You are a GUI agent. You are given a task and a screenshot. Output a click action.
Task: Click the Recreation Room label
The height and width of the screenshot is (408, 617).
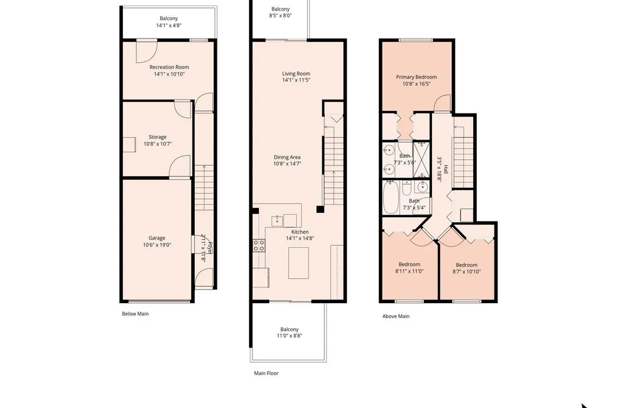[169, 67]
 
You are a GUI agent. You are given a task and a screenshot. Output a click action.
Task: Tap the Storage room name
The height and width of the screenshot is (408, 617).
[157, 137]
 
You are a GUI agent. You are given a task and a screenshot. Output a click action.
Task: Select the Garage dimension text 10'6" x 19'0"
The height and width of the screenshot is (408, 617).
[157, 245]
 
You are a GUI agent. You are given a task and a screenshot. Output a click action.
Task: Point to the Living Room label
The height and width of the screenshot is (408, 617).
[296, 73]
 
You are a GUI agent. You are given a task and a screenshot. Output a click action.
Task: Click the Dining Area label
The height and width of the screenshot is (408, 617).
[287, 157]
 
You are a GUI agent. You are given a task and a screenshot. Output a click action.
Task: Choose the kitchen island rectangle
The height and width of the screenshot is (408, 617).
[298, 263]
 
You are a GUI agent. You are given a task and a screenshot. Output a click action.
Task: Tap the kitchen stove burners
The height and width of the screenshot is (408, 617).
[258, 245]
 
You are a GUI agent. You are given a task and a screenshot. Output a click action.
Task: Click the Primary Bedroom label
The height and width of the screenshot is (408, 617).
[417, 77]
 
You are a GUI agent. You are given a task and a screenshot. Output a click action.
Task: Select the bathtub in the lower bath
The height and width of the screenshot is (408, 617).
[391, 198]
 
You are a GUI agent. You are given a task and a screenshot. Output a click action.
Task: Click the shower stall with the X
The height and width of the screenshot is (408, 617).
[421, 160]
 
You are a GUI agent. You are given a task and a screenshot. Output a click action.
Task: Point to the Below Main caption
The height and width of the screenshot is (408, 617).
[135, 314]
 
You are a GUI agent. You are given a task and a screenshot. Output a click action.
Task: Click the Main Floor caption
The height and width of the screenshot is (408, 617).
[266, 373]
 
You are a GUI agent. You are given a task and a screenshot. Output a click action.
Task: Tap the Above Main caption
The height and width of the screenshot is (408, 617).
[396, 316]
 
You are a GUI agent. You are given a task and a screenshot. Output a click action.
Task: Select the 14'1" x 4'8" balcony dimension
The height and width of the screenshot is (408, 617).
[169, 25]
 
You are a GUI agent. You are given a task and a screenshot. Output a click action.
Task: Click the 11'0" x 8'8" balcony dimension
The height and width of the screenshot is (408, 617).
[289, 336]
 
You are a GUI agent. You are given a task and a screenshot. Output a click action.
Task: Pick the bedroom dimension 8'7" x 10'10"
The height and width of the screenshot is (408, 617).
[467, 272]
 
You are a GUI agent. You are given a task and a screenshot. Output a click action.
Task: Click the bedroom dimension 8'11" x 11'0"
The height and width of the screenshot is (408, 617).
[409, 271]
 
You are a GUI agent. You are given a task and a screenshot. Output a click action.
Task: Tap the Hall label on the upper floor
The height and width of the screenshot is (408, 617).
[446, 170]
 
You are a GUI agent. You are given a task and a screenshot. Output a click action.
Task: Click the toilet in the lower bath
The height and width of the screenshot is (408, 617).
[407, 188]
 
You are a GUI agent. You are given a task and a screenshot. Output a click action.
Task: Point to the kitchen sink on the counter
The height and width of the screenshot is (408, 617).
[277, 221]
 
